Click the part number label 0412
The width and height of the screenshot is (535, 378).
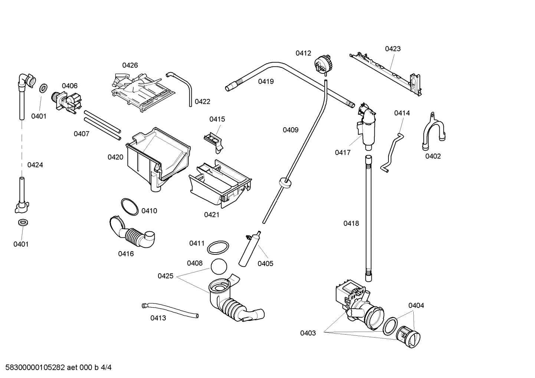point(303,53)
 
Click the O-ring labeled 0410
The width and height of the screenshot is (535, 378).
point(130,207)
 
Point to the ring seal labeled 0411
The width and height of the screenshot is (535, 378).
point(218,247)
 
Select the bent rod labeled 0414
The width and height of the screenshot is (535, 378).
point(391,152)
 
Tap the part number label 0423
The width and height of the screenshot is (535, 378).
point(393,49)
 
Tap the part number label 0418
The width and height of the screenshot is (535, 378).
point(351,223)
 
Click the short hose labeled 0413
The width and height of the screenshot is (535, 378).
point(171,309)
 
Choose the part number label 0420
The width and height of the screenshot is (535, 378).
point(115,157)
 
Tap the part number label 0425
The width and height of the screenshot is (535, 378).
point(165,276)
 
